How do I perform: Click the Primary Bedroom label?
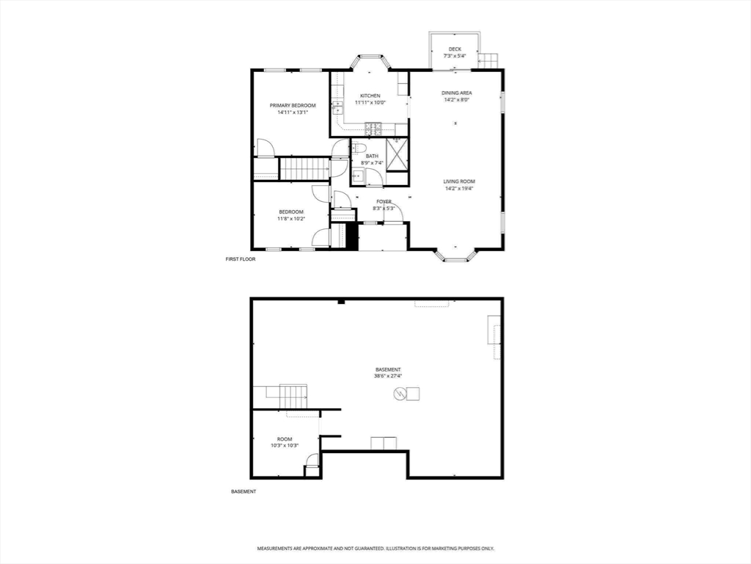293,106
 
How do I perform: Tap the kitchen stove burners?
373,128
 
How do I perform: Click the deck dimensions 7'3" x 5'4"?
455,56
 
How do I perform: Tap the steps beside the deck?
488,61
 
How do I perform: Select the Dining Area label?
457,93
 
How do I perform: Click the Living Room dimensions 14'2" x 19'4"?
459,189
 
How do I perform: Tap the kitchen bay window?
370,61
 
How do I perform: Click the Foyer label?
384,201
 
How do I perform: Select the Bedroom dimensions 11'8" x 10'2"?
291,219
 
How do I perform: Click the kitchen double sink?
338,109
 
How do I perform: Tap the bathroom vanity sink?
357,177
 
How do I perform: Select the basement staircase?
293,397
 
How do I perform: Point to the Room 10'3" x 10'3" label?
285,442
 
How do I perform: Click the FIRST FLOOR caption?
241,259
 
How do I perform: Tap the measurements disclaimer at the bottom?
376,548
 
